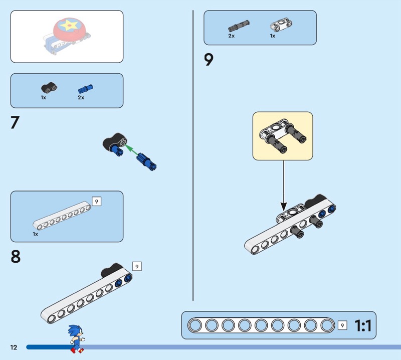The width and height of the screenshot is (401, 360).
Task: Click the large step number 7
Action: tap(15, 123)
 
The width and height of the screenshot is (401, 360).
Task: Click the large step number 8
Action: tap(16, 257)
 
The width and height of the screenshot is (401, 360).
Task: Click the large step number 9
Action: tap(209, 60)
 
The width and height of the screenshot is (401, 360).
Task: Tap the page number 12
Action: tap(13, 347)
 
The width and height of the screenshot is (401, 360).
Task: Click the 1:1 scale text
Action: tap(363, 326)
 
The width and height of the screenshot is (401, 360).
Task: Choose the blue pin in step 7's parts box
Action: tap(85, 89)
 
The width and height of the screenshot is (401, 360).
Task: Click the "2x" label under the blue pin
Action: tap(81, 98)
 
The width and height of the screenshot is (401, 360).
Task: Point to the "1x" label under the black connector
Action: tap(44, 98)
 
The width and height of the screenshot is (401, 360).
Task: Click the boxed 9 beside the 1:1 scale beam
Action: tap(342, 325)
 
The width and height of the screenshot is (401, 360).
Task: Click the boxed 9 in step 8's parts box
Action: tap(97, 202)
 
